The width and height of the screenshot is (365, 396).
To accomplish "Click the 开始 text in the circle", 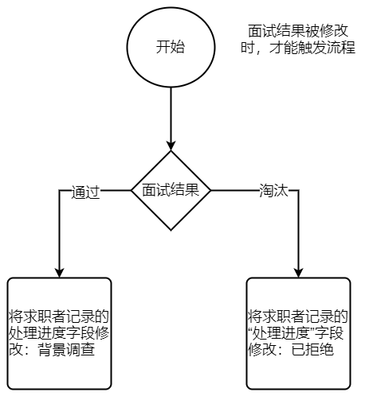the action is tap(171, 47).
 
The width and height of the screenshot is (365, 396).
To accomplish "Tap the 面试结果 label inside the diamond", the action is tap(171, 190).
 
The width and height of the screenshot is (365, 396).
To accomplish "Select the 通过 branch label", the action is tap(85, 192).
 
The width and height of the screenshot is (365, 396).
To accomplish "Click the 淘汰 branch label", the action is tap(273, 190).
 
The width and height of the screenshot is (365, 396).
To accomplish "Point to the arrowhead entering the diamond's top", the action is tap(171, 146).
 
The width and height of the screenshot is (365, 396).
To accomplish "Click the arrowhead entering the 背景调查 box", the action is tap(59, 273).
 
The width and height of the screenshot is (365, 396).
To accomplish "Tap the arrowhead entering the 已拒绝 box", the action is tap(298, 273).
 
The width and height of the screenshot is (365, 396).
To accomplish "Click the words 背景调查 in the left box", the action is tap(66, 350).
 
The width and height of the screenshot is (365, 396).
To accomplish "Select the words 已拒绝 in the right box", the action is tap(312, 350).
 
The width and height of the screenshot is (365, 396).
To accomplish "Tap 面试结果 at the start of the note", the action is tap(277, 31).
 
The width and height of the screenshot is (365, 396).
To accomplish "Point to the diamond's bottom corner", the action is tap(171, 230).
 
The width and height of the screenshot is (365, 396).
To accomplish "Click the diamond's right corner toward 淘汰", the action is tap(210, 190).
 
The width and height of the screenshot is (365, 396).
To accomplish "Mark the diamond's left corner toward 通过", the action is tap(131, 190).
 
